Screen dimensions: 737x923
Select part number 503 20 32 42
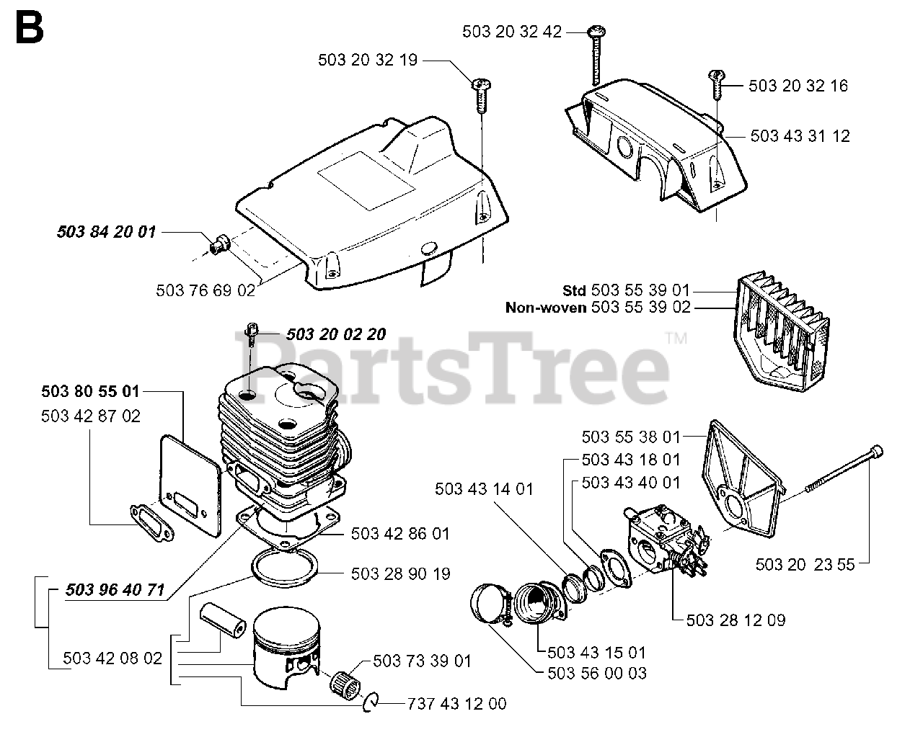click(x=511, y=32)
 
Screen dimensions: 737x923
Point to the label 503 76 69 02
click(x=206, y=290)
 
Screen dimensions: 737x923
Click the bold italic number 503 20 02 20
click(x=335, y=334)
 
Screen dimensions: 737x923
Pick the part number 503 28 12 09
click(x=736, y=620)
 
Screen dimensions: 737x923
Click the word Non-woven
click(x=546, y=308)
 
